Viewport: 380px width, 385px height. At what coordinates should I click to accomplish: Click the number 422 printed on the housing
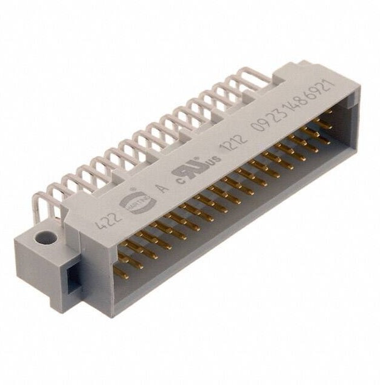[x=105, y=218]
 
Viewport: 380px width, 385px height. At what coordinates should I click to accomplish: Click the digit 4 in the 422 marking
[x=97, y=222]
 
